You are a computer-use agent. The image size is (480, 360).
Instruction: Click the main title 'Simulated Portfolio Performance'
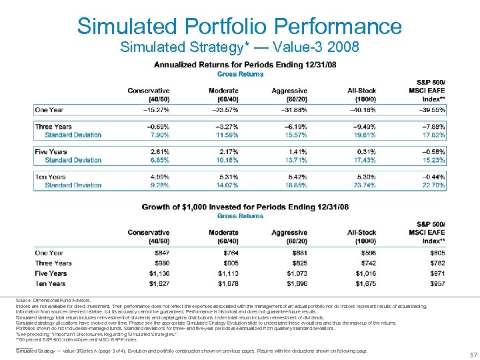(239, 26)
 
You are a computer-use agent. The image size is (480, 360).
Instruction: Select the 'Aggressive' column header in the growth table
(289, 231)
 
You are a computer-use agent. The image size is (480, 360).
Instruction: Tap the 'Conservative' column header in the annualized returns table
(148, 91)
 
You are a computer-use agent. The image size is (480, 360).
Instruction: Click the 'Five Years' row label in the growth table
(51, 273)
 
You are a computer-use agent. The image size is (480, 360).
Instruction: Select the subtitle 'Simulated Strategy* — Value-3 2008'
(239, 47)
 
